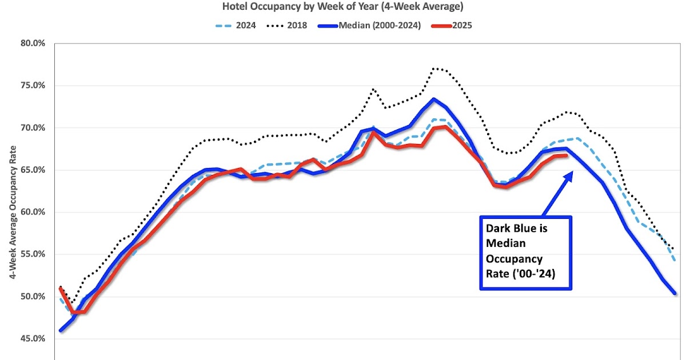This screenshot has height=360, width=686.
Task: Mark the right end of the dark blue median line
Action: [675, 294]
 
